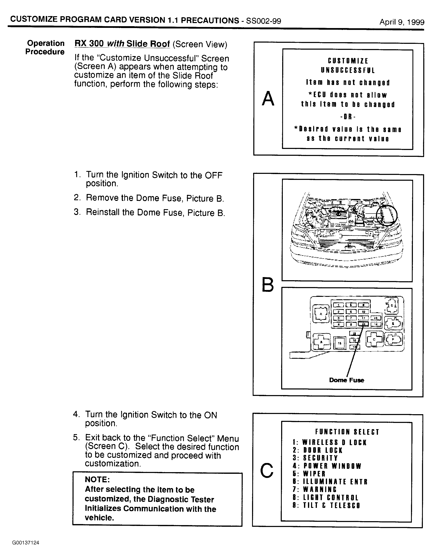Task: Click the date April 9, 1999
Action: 402,22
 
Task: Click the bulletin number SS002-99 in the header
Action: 263,21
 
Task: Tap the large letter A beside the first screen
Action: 268,99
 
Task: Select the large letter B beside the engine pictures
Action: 268,285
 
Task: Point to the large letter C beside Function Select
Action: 267,470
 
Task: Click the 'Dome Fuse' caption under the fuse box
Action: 347,380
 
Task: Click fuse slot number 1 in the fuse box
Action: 339,305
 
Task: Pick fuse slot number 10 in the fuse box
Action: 363,312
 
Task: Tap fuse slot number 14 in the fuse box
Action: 376,324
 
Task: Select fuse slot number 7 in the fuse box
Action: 351,318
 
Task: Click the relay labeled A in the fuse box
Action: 321,314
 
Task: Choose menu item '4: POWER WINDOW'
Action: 327,466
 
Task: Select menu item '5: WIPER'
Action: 309,474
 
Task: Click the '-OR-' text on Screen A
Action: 348,117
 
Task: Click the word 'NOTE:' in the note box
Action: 97,479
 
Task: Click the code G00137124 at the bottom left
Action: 26,543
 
